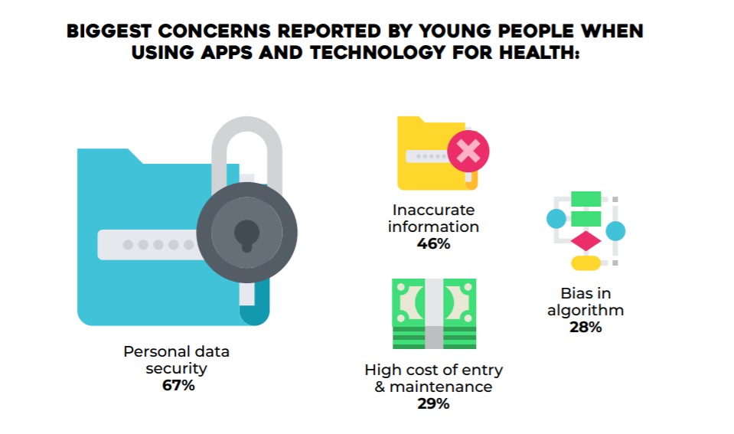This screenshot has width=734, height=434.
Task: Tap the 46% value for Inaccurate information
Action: tap(433, 244)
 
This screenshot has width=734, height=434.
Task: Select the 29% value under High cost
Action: tap(433, 404)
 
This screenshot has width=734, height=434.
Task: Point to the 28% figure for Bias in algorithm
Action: tap(586, 328)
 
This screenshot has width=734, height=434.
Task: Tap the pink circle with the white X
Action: tap(468, 150)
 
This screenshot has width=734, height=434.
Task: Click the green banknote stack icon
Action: tap(434, 314)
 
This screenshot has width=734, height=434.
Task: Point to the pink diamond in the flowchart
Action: tap(586, 241)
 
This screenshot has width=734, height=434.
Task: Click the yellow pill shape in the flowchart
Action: tap(586, 263)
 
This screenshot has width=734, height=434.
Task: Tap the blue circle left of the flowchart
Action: tap(556, 219)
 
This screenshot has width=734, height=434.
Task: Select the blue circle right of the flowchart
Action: tap(615, 230)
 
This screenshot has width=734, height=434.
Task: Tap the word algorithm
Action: tap(586, 310)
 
